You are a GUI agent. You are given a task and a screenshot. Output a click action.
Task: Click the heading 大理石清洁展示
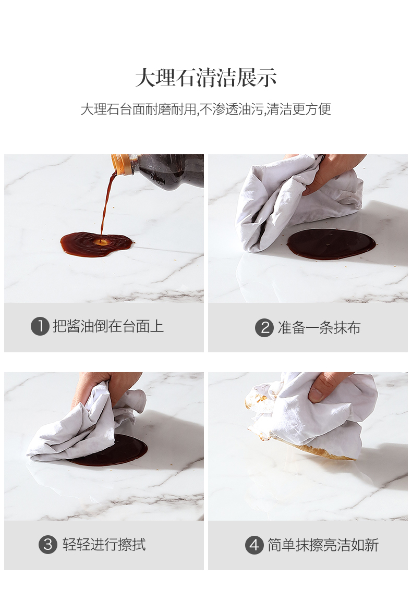click(206, 77)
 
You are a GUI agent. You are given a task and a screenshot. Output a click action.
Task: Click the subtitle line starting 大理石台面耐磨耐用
click(206, 109)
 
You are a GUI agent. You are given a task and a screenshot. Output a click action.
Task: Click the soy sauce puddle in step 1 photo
click(96, 243)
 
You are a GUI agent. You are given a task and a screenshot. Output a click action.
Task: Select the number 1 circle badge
click(40, 326)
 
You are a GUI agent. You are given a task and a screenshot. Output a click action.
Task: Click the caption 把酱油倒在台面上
click(108, 326)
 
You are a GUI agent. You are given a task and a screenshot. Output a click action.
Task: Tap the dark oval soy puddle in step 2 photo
click(331, 243)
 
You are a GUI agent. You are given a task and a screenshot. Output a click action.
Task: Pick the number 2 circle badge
click(264, 327)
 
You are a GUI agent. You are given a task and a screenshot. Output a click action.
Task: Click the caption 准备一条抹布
click(319, 327)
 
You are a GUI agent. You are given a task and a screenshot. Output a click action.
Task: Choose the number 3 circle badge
click(48, 544)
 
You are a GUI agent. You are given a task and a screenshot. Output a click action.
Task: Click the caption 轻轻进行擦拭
click(104, 545)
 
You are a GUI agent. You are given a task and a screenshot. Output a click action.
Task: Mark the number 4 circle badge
click(255, 545)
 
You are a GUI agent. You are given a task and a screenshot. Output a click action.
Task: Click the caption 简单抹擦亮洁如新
click(323, 545)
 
